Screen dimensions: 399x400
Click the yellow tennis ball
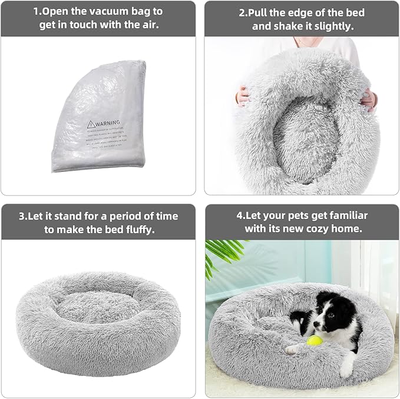click(x=312, y=340)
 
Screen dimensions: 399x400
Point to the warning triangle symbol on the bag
click(x=91, y=124)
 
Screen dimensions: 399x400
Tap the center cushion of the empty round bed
click(x=91, y=306)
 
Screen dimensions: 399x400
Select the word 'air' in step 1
click(x=151, y=25)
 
